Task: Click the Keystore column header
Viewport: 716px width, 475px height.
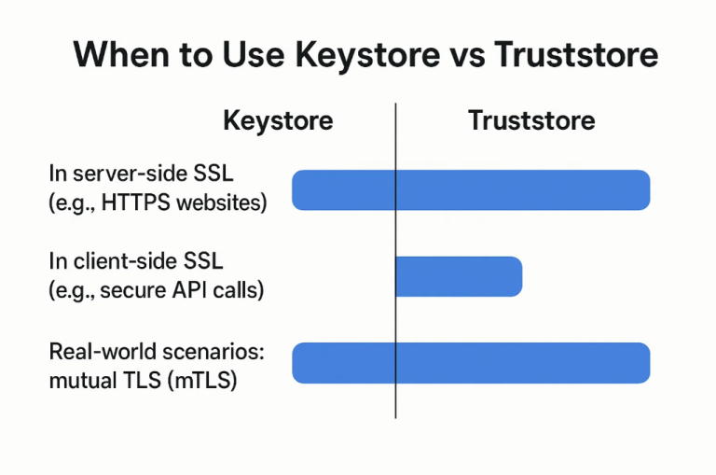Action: (x=278, y=120)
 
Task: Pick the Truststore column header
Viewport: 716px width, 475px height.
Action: (x=531, y=120)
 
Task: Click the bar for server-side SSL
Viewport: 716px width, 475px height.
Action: (x=471, y=189)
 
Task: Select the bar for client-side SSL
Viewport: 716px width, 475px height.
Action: (x=459, y=276)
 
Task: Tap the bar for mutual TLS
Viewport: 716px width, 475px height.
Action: (x=471, y=363)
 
